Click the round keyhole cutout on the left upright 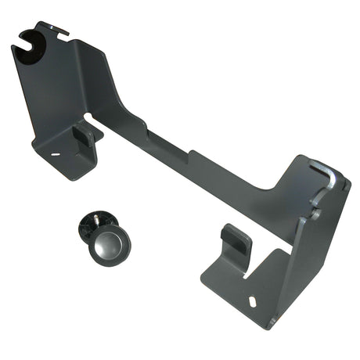click(x=33, y=39)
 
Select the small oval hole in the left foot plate click(x=56, y=153)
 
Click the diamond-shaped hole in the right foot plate click(x=252, y=299)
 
